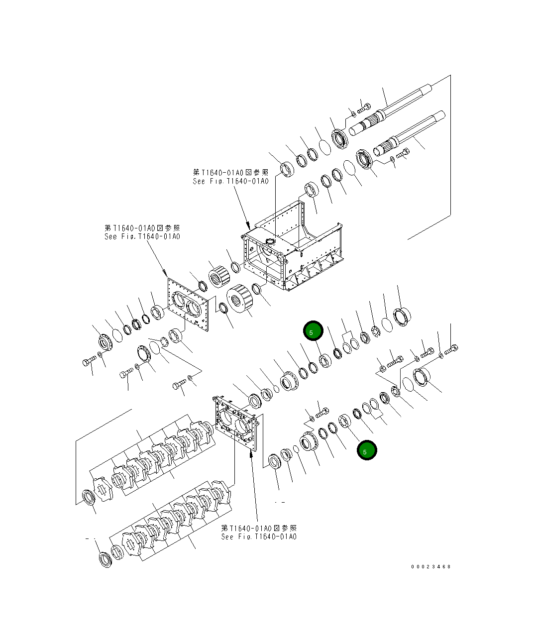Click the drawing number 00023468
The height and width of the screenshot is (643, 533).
(x=430, y=566)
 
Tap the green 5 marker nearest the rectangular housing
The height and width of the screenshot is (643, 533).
(x=314, y=331)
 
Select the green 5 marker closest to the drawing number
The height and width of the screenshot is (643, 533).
(x=366, y=450)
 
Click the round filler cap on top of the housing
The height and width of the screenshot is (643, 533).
(x=271, y=241)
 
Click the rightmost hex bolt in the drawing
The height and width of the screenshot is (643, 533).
(x=451, y=350)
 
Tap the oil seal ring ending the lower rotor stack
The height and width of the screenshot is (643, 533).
(x=104, y=559)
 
